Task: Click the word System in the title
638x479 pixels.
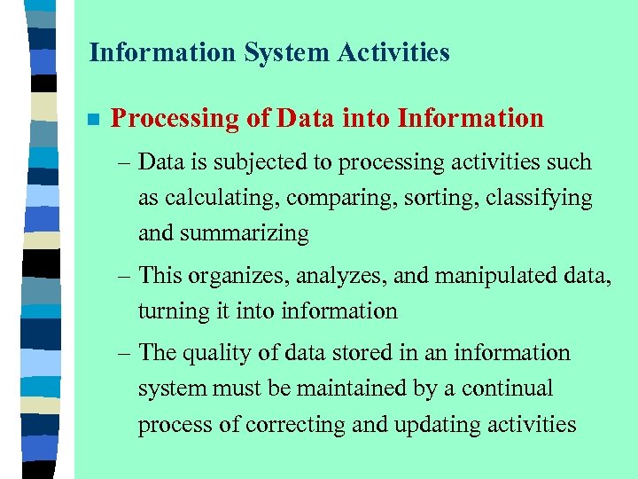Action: point(277,53)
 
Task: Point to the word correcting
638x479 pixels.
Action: point(295,425)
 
